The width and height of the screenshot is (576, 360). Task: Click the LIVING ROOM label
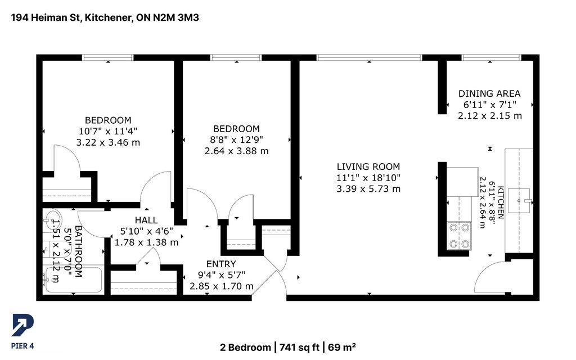[368, 166]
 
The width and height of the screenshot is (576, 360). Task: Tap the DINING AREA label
[489, 94]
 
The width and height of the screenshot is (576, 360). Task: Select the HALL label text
[146, 220]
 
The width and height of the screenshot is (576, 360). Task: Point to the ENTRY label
[221, 264]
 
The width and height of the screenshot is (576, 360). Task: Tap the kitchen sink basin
[519, 201]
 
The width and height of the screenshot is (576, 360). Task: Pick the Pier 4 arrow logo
[22, 325]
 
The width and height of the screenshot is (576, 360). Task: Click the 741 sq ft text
[299, 347]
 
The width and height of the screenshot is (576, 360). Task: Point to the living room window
[369, 57]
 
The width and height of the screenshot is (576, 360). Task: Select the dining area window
[491, 57]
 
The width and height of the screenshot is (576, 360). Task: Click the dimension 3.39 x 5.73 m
[368, 189]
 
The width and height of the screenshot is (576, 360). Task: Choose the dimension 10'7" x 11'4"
[108, 132]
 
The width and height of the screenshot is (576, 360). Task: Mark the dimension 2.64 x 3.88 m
[237, 151]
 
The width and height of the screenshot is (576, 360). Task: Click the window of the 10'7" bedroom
[107, 57]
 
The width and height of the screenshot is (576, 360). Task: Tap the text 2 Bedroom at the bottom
[245, 347]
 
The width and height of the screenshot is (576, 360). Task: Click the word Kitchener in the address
[109, 17]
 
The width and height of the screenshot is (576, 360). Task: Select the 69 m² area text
[341, 347]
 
